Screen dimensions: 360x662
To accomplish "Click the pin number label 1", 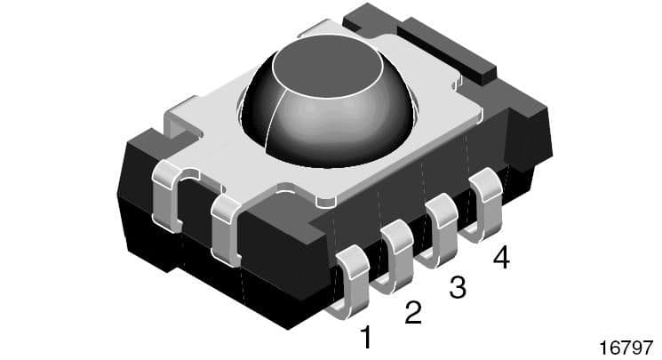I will point(364,337).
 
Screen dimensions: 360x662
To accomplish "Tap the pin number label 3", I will point(458,286).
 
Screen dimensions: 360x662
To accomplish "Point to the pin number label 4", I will point(501,259).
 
